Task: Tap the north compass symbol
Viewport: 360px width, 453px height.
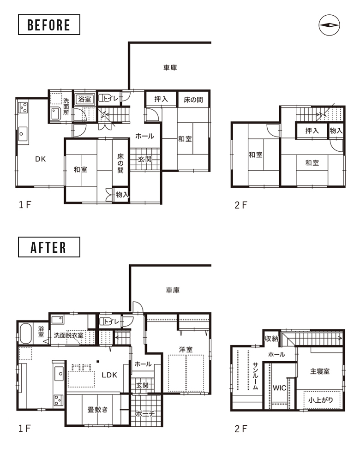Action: click(x=329, y=25)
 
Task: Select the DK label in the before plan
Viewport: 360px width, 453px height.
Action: click(x=41, y=159)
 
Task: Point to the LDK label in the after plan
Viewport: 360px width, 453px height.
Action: click(x=109, y=375)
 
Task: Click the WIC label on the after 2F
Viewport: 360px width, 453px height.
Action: click(x=279, y=388)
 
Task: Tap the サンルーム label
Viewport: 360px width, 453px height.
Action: click(x=255, y=376)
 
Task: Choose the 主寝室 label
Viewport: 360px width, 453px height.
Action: click(x=320, y=371)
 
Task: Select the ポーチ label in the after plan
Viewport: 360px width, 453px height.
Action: click(x=145, y=414)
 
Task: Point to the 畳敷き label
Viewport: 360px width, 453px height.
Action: click(x=97, y=409)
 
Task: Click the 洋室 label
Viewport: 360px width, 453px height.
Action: click(x=186, y=350)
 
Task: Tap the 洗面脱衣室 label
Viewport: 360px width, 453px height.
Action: click(x=68, y=335)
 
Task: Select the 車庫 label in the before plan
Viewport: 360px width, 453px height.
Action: click(x=170, y=68)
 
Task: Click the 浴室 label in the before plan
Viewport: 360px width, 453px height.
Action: click(x=85, y=99)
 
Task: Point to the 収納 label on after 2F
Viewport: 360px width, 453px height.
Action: click(x=271, y=338)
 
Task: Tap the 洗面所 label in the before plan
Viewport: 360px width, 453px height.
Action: click(x=66, y=107)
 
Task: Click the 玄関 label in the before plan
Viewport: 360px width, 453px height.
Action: click(x=144, y=159)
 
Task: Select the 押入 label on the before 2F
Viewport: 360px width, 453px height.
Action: click(x=312, y=131)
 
